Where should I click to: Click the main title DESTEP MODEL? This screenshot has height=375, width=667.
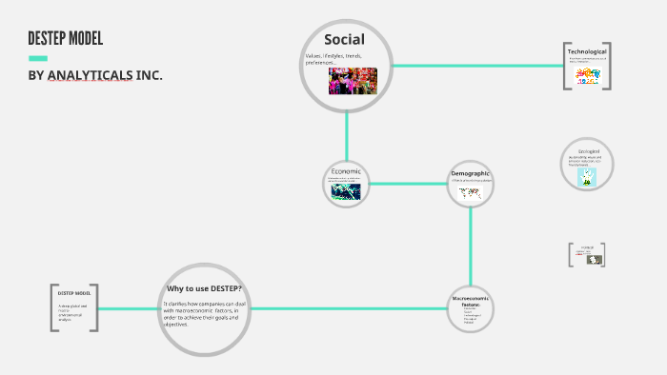coord(65,39)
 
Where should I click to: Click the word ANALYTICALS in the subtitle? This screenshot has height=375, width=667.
coord(90,75)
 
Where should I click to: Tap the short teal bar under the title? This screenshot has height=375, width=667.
coord(38,58)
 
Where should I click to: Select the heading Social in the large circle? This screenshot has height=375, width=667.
coord(344,39)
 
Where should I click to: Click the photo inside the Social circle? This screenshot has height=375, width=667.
coord(353,80)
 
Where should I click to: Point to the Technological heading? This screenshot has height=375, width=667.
coord(587,50)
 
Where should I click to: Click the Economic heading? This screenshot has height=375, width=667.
coord(346,171)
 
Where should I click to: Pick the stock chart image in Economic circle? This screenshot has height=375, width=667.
coord(346,191)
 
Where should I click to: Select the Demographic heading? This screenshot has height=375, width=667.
coord(470,173)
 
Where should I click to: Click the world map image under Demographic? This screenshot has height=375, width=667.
coord(469,191)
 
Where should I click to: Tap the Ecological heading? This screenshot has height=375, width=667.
coord(588,151)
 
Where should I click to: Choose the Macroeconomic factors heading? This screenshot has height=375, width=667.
coord(470,301)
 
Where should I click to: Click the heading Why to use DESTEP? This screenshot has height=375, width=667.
coord(204,288)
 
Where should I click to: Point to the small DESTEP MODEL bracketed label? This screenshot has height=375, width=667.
coord(73,293)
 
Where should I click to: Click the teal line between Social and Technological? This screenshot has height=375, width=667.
coord(476,66)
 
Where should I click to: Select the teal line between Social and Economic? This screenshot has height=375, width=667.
coord(347,133)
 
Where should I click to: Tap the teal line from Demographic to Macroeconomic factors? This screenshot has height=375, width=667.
coord(470,243)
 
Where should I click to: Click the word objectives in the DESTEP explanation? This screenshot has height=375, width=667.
coord(175,325)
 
